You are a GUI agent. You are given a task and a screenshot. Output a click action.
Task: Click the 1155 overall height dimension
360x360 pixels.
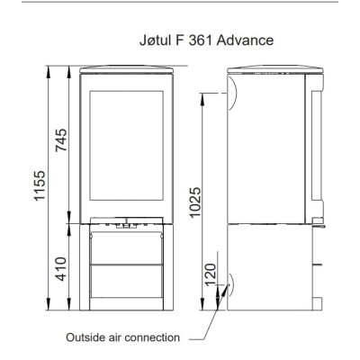[x=40, y=185]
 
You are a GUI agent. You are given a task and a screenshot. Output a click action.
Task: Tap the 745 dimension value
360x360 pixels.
[x=61, y=140]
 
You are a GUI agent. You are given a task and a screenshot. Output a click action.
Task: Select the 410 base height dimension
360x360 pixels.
[x=61, y=269]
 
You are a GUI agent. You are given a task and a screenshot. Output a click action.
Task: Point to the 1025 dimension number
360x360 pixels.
[x=195, y=202]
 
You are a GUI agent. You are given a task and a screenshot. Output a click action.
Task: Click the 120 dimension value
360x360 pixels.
[x=211, y=274]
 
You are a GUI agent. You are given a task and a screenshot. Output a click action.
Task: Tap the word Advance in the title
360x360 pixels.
[x=245, y=40]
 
